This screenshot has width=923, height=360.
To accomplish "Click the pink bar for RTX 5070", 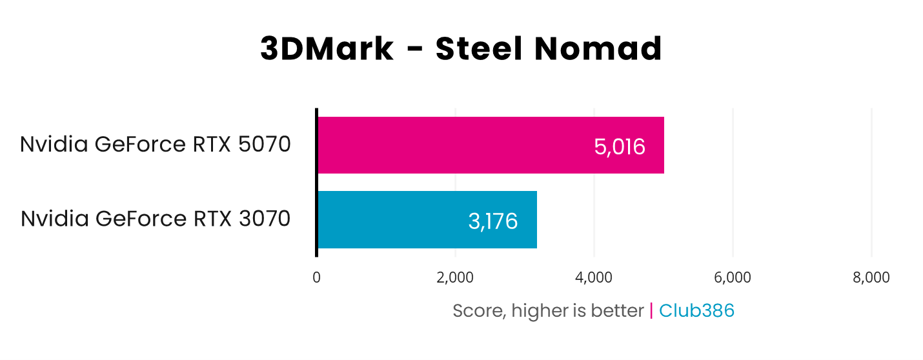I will tap(491, 145).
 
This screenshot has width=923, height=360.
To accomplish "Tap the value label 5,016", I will tap(619, 147).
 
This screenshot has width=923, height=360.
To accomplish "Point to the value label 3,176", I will tap(492, 221).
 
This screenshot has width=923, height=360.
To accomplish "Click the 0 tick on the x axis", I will tap(316, 277).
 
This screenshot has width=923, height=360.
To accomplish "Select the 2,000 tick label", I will tap(455, 277).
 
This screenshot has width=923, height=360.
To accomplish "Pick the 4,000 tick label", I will tap(594, 277).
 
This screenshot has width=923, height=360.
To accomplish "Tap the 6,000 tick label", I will tap(733, 277).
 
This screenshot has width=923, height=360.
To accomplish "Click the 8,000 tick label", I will tap(871, 277).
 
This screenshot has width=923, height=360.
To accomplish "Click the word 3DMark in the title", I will tap(327, 49).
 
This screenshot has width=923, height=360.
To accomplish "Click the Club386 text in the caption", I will tap(696, 311).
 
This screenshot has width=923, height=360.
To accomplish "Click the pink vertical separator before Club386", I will tap(651, 311).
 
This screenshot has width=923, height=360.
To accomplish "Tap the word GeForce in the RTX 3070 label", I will tap(141, 219).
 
